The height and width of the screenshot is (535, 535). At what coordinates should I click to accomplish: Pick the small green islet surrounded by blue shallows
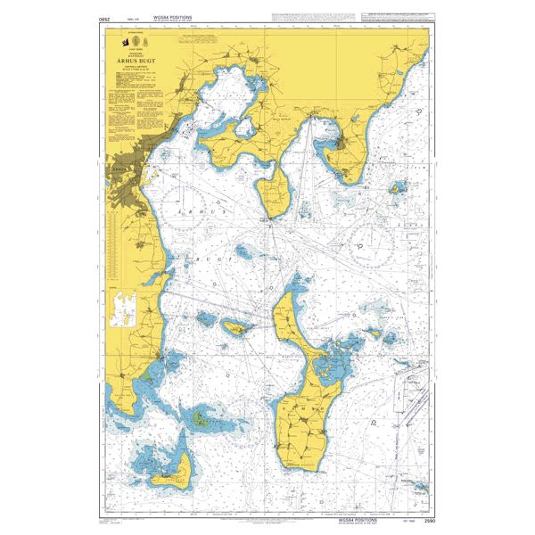(x=203, y=415)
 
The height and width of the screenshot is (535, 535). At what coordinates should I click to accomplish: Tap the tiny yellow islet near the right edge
(x=393, y=189)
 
